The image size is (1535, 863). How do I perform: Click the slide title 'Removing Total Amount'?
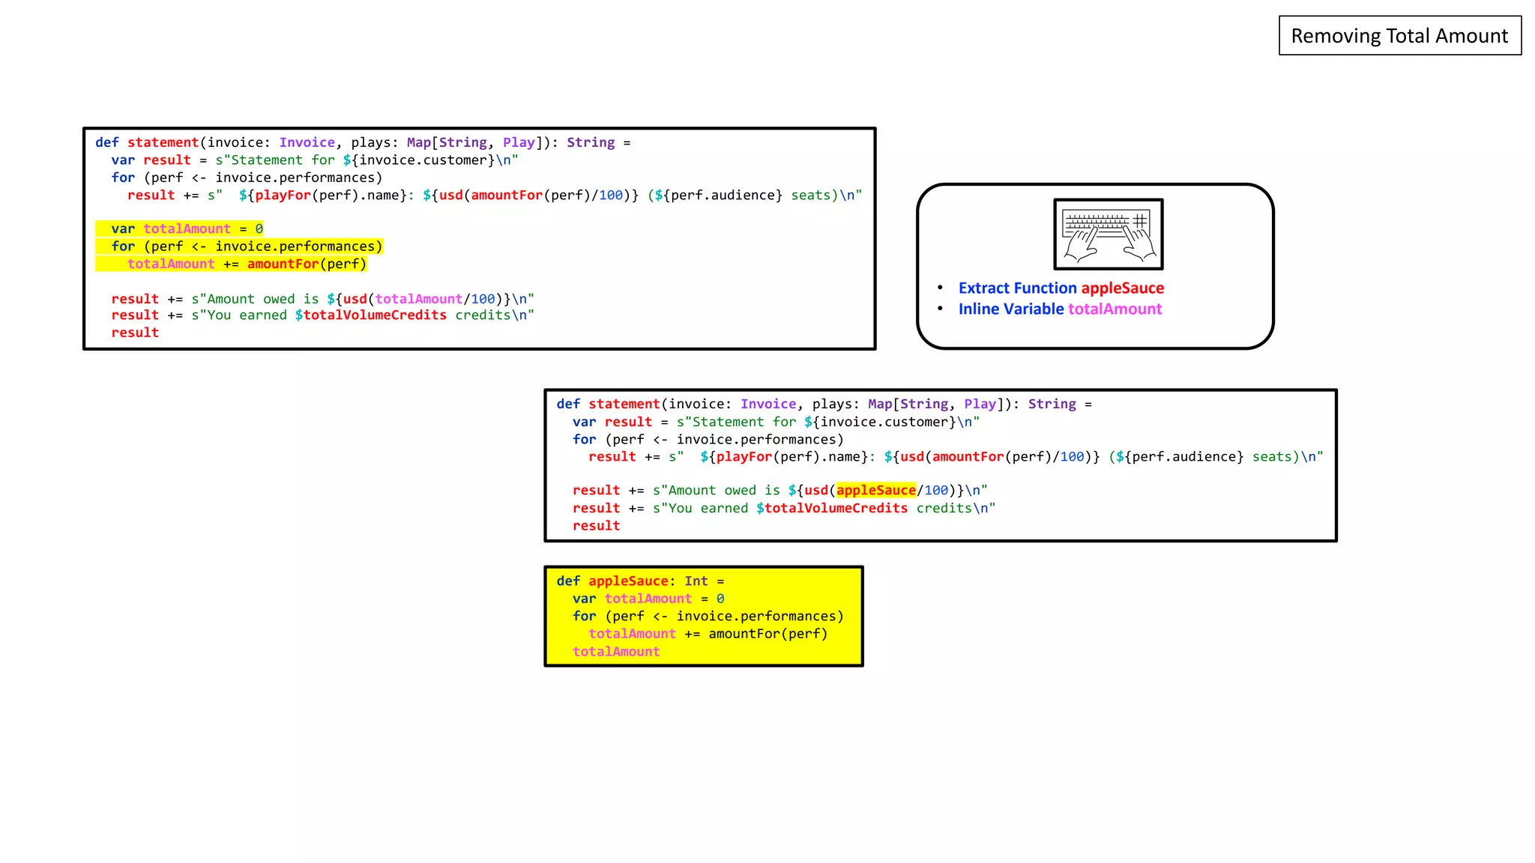pos(1399,36)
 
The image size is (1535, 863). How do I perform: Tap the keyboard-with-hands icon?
pos(1109,234)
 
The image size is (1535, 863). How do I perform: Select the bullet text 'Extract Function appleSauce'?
pos(1061,288)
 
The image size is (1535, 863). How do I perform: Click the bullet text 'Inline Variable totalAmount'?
pos(1060,309)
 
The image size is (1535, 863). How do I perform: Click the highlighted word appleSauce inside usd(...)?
pos(876,491)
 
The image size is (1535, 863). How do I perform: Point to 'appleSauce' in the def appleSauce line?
pos(628,581)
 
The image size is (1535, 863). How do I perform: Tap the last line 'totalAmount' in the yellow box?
pos(616,652)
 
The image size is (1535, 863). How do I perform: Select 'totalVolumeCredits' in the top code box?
pos(375,315)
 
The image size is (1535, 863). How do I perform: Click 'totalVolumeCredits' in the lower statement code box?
pos(836,509)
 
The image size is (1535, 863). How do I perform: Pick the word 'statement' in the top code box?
pos(163,142)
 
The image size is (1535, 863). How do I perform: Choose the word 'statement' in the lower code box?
pos(624,405)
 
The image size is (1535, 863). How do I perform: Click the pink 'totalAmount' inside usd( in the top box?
pos(418,299)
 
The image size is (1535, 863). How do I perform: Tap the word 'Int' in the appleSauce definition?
pos(696,581)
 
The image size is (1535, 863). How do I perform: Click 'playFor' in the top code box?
pos(283,196)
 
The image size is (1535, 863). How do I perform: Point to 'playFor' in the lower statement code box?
pos(744,457)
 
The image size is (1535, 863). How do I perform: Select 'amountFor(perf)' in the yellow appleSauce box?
pos(767,634)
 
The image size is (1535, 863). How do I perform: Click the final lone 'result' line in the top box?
pos(135,333)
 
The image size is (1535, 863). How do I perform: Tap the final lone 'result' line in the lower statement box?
pos(596,526)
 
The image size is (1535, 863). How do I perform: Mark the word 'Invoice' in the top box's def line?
pos(307,142)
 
